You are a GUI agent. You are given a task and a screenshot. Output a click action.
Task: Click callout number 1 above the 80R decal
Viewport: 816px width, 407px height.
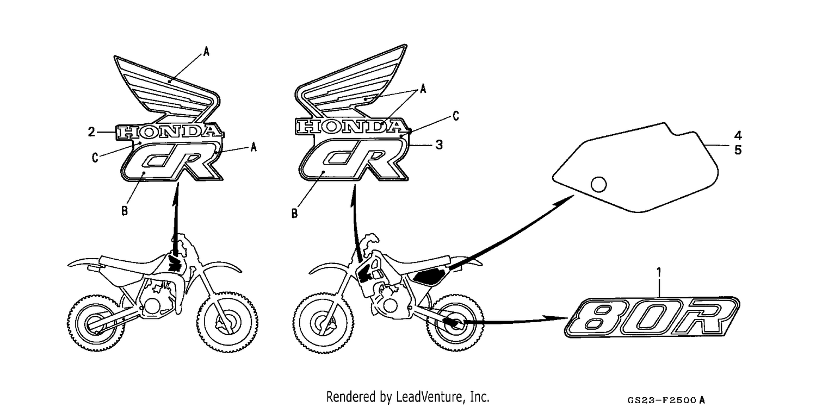click(x=659, y=272)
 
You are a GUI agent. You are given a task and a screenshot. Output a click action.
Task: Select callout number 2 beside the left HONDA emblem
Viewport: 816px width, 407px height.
click(x=91, y=132)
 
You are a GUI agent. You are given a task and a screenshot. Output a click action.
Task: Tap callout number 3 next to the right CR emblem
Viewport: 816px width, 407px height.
click(x=439, y=145)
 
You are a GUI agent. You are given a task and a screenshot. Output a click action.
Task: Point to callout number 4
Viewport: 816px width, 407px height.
click(x=738, y=136)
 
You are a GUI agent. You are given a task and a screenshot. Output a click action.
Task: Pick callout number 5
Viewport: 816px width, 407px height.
click(x=738, y=150)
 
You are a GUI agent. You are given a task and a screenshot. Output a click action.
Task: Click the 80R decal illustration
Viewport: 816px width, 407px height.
click(x=652, y=317)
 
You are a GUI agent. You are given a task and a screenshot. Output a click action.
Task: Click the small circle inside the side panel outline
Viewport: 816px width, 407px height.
click(x=598, y=184)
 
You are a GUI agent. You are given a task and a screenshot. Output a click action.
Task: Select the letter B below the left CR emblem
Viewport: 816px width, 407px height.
click(x=125, y=211)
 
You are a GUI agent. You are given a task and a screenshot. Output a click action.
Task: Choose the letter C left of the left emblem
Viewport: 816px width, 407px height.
click(x=95, y=158)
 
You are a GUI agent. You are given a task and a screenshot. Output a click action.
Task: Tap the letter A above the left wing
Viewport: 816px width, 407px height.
click(x=206, y=52)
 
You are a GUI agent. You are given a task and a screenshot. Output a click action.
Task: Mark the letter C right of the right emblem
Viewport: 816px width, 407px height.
click(x=456, y=116)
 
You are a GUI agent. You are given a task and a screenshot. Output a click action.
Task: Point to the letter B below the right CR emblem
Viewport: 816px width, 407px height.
click(x=294, y=214)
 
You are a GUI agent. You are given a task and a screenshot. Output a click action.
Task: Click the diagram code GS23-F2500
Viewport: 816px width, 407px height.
click(x=661, y=400)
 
